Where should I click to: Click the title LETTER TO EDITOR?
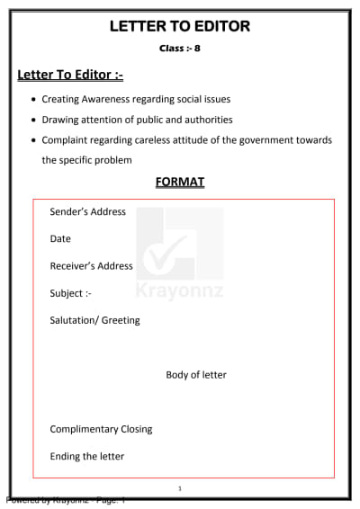(x=179, y=26)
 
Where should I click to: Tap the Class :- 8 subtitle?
(x=180, y=47)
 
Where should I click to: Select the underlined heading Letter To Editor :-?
(x=70, y=75)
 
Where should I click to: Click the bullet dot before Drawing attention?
(x=33, y=121)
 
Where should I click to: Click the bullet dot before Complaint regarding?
(x=33, y=140)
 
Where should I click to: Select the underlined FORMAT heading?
(x=180, y=182)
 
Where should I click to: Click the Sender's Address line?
(x=87, y=212)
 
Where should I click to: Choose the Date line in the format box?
(x=60, y=239)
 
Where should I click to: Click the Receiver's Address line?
(x=91, y=266)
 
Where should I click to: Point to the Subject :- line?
(x=70, y=293)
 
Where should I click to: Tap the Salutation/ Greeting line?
(x=94, y=320)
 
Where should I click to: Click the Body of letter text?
(x=196, y=375)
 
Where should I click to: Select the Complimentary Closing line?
(x=101, y=429)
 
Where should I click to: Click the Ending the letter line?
(x=86, y=456)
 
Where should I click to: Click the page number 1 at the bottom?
(x=180, y=488)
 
